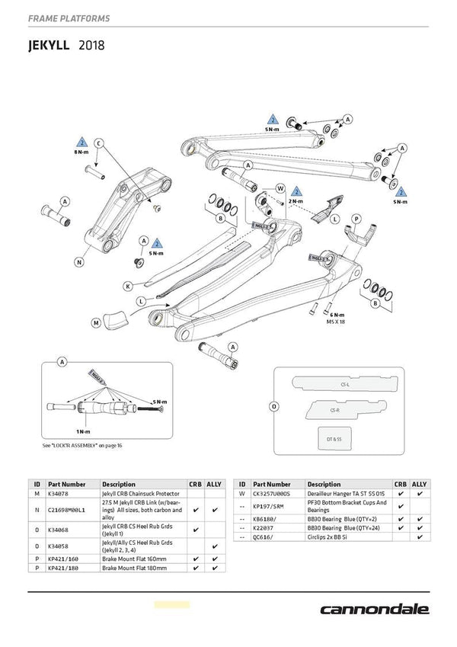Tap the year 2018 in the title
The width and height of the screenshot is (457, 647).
click(89, 45)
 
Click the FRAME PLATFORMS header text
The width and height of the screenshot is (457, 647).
click(68, 18)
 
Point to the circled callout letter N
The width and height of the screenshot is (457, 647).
click(79, 261)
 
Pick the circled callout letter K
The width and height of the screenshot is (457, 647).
click(127, 286)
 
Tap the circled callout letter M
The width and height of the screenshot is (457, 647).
click(97, 322)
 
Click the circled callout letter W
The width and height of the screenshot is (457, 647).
click(280, 188)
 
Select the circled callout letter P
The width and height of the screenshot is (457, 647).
click(355, 218)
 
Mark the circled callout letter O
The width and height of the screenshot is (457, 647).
click(273, 406)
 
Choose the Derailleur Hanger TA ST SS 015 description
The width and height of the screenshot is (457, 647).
click(347, 494)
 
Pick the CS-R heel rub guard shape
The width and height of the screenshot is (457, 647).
click(335, 410)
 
